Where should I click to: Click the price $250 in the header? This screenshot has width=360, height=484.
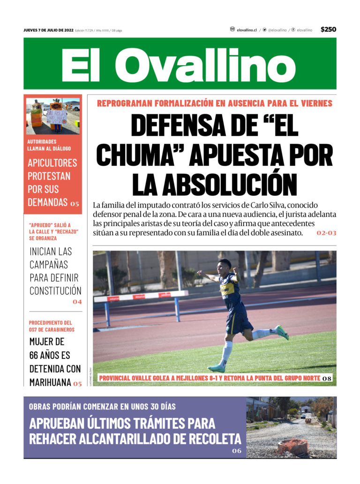click(x=328, y=30)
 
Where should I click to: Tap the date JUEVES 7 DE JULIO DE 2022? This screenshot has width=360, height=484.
click(x=48, y=30)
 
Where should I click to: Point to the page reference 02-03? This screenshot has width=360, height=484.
click(x=326, y=233)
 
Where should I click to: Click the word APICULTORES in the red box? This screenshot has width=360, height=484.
click(x=52, y=164)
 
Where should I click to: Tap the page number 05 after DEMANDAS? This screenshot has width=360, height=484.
click(x=75, y=204)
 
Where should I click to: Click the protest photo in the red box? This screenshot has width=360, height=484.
click(x=52, y=116)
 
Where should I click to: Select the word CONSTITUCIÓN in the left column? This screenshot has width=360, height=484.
click(x=55, y=290)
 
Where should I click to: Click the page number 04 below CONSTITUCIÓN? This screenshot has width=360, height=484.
click(x=77, y=302)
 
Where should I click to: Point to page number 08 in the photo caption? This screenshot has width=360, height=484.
click(x=327, y=378)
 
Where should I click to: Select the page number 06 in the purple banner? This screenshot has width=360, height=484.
click(x=237, y=451)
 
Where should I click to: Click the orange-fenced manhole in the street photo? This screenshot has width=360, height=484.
click(x=293, y=446)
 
